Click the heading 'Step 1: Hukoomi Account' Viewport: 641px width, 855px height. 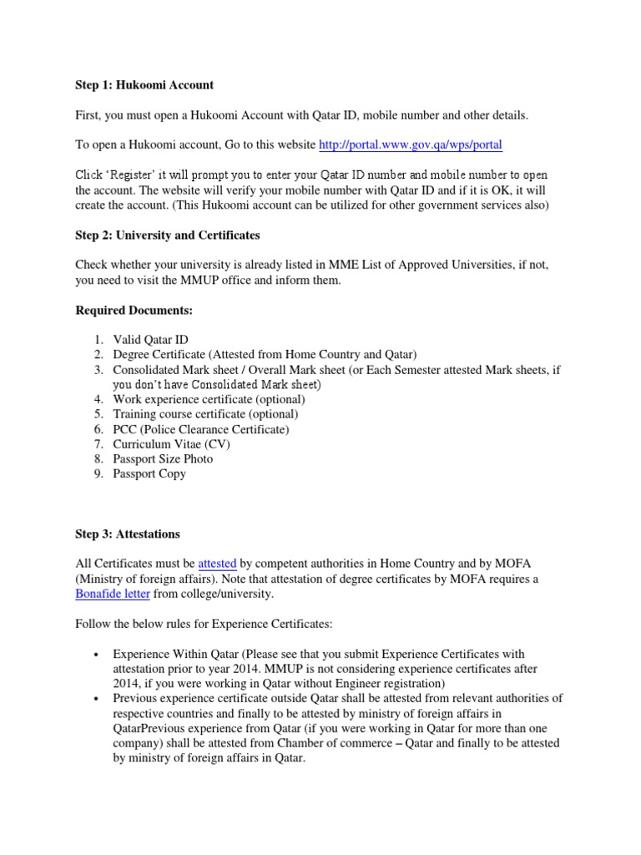tap(144, 84)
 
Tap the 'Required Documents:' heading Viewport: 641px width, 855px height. tap(134, 310)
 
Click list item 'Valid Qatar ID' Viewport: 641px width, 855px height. tap(150, 339)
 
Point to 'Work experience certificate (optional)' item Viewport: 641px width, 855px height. tap(215, 399)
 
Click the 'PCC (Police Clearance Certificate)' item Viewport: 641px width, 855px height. tap(201, 429)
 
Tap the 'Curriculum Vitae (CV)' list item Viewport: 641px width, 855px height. tap(172, 444)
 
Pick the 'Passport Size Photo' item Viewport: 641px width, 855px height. tap(163, 459)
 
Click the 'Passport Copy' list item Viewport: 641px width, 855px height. tap(149, 474)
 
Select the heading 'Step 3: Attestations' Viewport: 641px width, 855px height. tap(127, 534)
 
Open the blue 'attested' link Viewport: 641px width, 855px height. tap(217, 564)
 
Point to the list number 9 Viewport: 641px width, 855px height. tap(98, 474)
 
